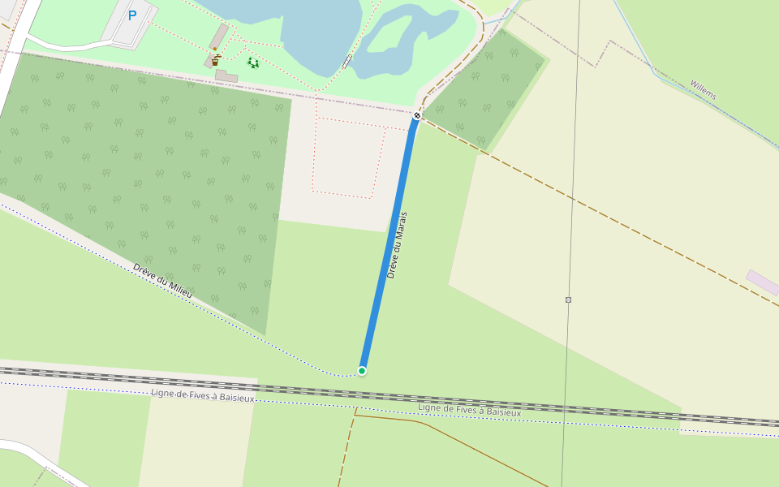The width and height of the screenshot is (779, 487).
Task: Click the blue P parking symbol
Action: (x=132, y=15)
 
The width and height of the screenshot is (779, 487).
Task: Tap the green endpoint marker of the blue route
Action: (x=362, y=371)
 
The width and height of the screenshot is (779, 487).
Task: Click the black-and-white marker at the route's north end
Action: (x=417, y=115)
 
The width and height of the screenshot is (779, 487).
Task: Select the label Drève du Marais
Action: (x=397, y=245)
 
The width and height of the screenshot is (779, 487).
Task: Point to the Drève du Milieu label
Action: (x=163, y=279)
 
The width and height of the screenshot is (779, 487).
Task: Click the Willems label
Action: (x=703, y=89)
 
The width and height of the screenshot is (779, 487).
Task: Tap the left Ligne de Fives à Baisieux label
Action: (x=203, y=395)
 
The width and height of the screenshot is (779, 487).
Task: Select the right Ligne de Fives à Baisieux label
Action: (x=469, y=410)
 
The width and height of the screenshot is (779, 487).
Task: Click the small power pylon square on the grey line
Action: (x=568, y=300)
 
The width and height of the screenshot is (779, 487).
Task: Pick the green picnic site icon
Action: (x=253, y=62)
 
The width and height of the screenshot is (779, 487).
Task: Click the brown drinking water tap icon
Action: (x=215, y=60)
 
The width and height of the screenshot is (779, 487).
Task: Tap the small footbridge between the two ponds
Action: (x=347, y=60)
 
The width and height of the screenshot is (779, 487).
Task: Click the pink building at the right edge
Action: (x=762, y=282)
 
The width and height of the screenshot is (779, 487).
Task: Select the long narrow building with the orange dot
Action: (x=219, y=37)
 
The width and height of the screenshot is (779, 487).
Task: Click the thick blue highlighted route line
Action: (x=389, y=243)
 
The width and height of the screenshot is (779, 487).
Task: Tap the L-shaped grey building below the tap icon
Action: (x=226, y=76)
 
